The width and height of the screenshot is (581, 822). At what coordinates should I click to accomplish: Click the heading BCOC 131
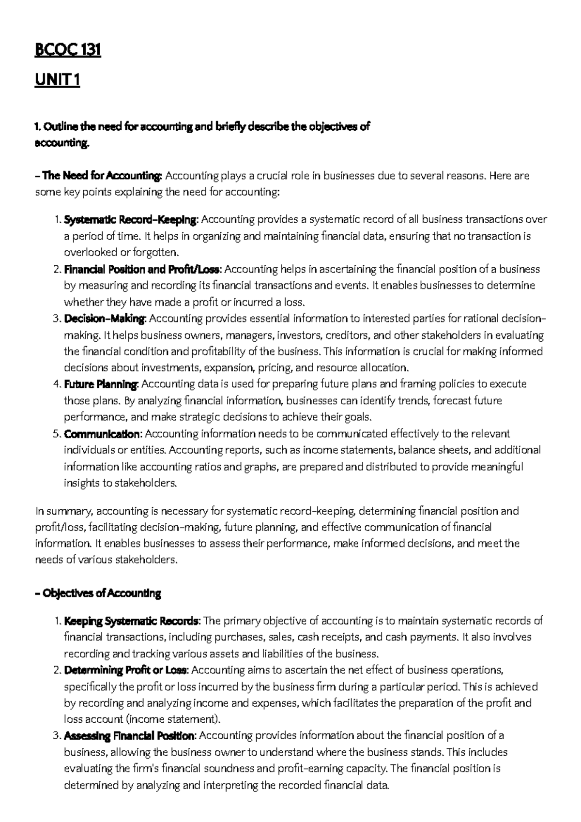pyautogui.click(x=67, y=50)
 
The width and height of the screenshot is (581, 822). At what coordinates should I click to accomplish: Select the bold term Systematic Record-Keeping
pyautogui.click(x=130, y=220)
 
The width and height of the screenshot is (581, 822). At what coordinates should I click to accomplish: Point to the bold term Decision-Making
pyautogui.click(x=104, y=319)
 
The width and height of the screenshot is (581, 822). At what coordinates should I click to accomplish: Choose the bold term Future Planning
pyautogui.click(x=101, y=384)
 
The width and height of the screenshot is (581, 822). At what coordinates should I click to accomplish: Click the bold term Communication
pyautogui.click(x=102, y=434)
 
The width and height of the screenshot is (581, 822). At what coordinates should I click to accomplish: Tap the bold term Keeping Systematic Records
pyautogui.click(x=131, y=621)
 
